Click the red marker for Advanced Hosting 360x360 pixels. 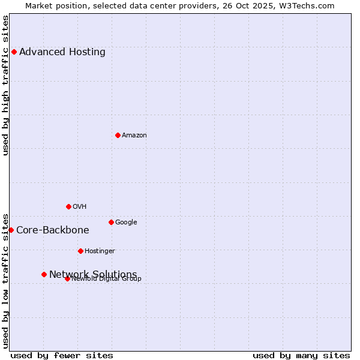click(x=14, y=52)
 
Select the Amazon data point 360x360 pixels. click(x=118, y=135)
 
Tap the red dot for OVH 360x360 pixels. click(x=68, y=206)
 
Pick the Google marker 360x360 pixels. click(x=111, y=222)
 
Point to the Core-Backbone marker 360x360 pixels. click(x=11, y=230)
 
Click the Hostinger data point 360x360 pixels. click(x=80, y=251)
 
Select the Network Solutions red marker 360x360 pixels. click(x=44, y=274)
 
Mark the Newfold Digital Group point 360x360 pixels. click(x=67, y=278)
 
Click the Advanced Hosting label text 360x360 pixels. click(x=62, y=52)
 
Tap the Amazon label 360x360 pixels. click(x=134, y=135)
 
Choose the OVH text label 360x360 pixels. click(x=80, y=206)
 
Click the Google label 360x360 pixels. click(x=126, y=222)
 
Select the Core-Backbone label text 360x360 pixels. click(x=53, y=230)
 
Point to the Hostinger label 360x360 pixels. click(x=100, y=251)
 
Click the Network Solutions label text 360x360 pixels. click(x=93, y=274)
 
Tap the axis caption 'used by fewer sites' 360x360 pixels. click(x=62, y=355)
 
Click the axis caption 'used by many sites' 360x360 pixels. click(x=301, y=355)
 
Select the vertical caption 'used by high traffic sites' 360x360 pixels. click(x=6, y=85)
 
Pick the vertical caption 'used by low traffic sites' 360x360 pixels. click(x=6, y=281)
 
